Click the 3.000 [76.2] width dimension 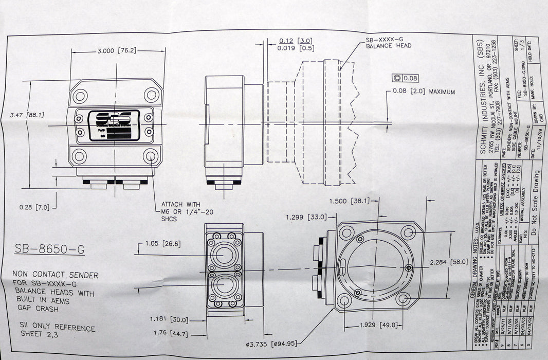coord(116,50)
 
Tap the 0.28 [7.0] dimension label coord(34,207)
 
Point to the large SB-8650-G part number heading coord(47,250)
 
